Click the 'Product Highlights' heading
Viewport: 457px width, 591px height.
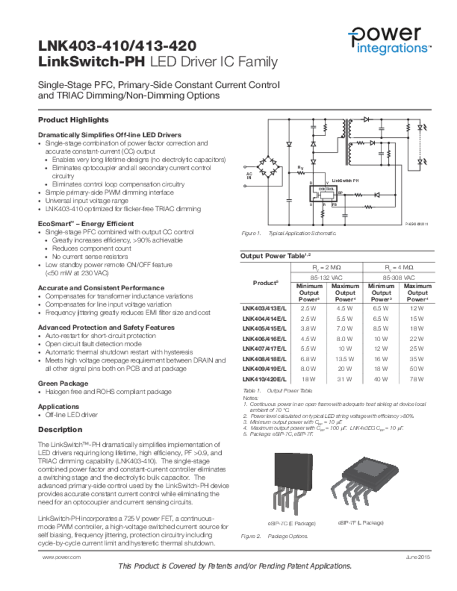click(73, 120)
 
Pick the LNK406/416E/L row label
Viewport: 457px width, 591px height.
click(264, 338)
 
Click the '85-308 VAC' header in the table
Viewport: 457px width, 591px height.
click(399, 277)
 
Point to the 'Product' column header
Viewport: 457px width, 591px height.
click(265, 283)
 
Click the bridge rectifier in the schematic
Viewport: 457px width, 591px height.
click(267, 166)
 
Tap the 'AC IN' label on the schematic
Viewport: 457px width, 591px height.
click(249, 175)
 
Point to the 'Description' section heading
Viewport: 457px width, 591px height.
click(60, 430)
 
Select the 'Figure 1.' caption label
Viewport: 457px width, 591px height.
click(251, 233)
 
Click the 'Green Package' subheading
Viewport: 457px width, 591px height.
click(63, 383)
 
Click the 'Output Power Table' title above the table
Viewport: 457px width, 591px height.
click(275, 256)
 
